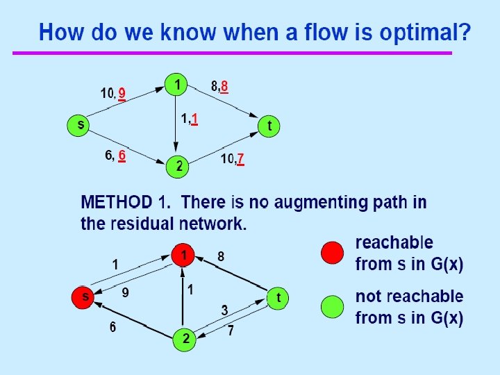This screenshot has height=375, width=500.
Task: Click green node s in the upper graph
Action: coord(81,126)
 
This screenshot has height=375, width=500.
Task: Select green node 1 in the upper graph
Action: coord(178,85)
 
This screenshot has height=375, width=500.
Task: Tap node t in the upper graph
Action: coord(269,126)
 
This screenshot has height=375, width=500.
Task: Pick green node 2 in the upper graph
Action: coord(178,167)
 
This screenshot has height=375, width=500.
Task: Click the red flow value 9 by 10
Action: coord(122,93)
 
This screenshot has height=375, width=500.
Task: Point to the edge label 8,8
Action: coord(219,87)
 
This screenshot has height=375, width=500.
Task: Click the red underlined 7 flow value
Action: coord(240,159)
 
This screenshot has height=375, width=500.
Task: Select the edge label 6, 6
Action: coord(115,156)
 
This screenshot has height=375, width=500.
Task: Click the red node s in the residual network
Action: coord(84,297)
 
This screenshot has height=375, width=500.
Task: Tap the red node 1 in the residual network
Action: coord(183,256)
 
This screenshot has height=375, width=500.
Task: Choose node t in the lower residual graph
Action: coord(278,298)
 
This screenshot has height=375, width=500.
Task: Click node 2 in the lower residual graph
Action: coord(183,340)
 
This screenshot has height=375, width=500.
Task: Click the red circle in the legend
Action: coord(333,252)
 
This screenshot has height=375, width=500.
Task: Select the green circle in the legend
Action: coord(333,306)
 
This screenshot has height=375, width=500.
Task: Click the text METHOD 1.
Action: coord(125,203)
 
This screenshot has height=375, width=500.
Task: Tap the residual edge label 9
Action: coord(126,292)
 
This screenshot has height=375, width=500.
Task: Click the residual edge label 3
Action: coord(225,309)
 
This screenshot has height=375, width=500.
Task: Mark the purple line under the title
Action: coord(232,53)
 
